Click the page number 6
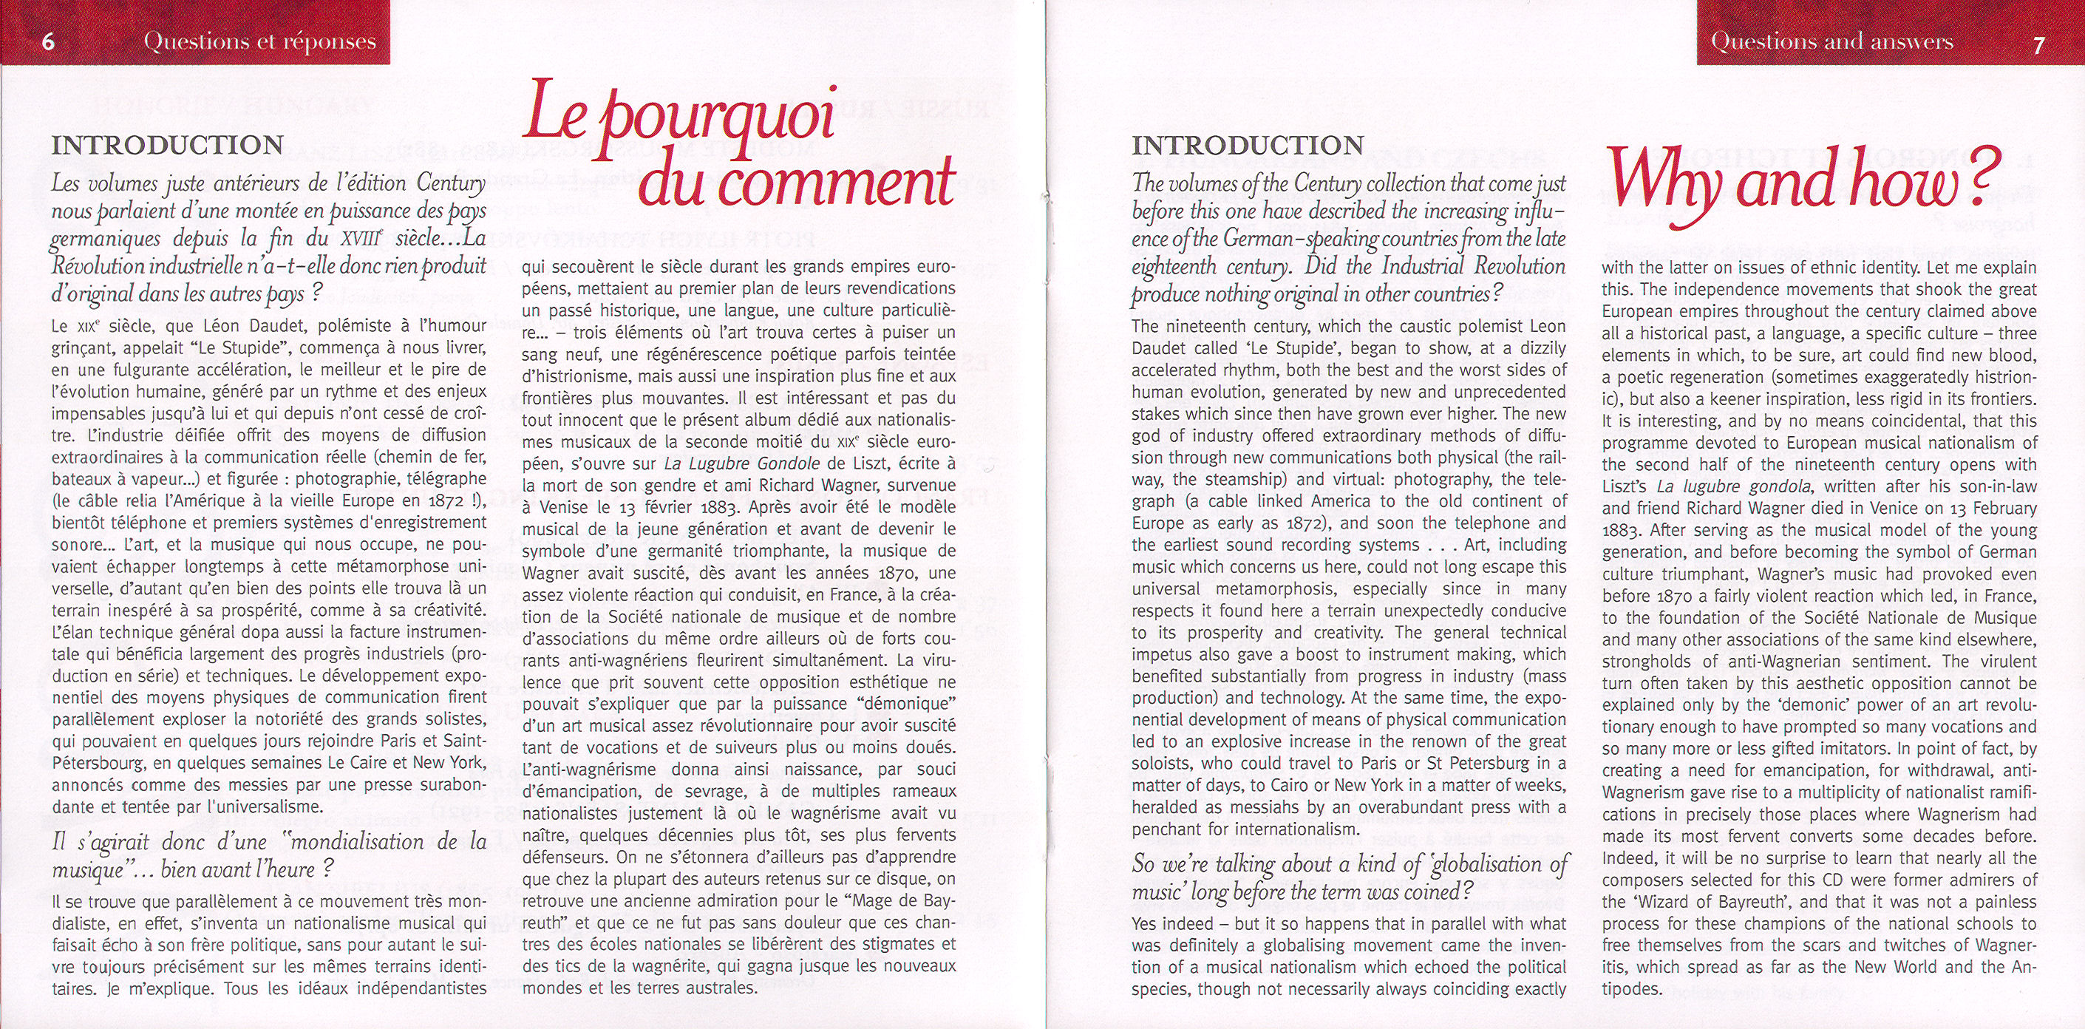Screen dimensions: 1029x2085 click(48, 41)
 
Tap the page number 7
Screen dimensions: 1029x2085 click(2039, 44)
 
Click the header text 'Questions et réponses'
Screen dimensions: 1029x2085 click(260, 41)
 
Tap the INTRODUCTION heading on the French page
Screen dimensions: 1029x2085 click(168, 145)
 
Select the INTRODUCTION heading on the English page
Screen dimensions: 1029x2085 click(1248, 145)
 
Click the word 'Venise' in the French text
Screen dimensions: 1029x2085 click(562, 508)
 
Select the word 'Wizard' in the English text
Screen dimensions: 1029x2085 click(1687, 902)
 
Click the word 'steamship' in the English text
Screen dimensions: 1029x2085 click(1262, 479)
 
